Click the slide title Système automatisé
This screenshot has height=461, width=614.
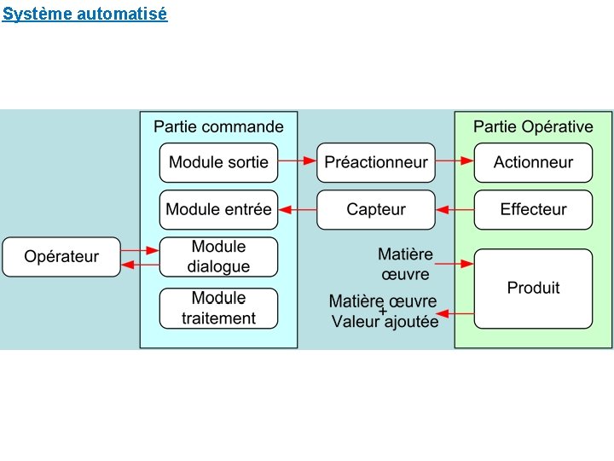click(84, 14)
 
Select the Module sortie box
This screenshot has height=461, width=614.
click(218, 162)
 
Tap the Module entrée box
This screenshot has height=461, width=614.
click(218, 210)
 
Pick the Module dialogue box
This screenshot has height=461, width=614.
click(218, 257)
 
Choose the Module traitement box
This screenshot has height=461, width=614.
click(218, 308)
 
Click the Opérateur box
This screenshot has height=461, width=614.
click(61, 257)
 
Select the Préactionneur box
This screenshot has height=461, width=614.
click(376, 162)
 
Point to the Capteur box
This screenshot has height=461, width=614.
click(376, 210)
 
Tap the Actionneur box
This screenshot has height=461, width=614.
click(533, 162)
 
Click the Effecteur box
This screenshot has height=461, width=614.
click(533, 210)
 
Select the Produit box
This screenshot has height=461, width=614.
click(533, 289)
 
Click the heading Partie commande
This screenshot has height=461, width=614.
click(218, 127)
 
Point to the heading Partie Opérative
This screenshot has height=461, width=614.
click(533, 127)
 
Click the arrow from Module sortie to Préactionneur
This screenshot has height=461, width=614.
click(298, 160)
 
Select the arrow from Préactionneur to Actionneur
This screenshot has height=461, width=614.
click(455, 160)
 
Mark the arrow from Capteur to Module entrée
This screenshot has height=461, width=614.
click(298, 209)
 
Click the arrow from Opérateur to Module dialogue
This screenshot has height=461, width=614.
click(140, 250)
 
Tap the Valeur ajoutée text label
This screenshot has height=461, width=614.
click(385, 322)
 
